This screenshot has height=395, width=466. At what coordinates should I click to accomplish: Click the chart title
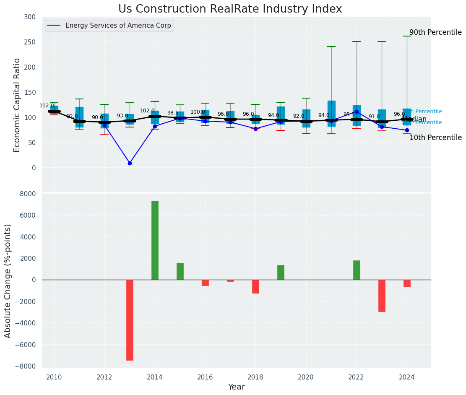click(230, 9)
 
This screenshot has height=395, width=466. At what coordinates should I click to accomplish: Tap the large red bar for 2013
click(130, 320)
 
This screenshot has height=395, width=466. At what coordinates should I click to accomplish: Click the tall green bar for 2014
click(155, 240)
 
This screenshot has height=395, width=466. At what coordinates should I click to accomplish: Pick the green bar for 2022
click(357, 270)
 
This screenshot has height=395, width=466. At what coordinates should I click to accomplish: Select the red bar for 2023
click(382, 296)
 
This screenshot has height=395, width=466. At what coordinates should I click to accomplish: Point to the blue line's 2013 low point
click(130, 163)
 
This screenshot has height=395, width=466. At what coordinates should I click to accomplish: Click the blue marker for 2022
click(357, 112)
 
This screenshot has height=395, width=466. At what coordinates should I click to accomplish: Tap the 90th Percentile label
click(435, 33)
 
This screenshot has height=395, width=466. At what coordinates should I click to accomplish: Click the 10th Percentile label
click(435, 138)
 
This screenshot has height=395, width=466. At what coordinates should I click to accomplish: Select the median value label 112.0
click(47, 106)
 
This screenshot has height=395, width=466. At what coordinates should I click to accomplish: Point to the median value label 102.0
click(147, 111)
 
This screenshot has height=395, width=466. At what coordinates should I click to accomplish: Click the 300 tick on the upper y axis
click(30, 17)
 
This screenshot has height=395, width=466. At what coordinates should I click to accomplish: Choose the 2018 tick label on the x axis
click(255, 377)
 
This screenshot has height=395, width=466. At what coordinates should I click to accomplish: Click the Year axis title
click(237, 387)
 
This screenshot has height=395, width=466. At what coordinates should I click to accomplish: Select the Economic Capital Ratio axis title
click(17, 105)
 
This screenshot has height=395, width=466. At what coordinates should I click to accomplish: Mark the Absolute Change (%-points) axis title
click(8, 281)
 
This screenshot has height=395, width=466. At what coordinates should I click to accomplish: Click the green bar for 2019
click(281, 272)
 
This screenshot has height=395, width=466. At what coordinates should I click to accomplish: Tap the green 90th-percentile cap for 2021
click(331, 47)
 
